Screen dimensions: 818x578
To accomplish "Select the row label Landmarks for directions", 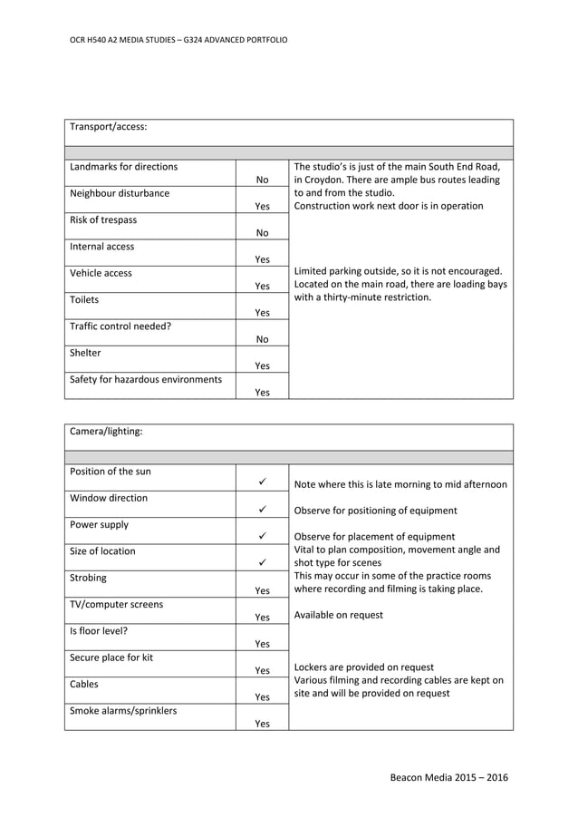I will tap(124, 167).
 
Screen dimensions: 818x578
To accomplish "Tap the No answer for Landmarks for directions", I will tap(262, 180).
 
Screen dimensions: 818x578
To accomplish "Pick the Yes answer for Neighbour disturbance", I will tap(262, 207).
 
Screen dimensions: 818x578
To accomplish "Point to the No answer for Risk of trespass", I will tap(262, 233).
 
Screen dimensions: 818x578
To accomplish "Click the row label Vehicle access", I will tap(101, 273).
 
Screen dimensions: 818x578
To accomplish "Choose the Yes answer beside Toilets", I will tap(262, 313).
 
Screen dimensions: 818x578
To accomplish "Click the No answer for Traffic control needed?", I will tap(262, 339).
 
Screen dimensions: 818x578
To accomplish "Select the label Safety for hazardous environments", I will tap(146, 379).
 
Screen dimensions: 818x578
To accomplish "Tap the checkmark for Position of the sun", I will tap(262, 483).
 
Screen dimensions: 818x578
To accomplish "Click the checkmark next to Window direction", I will tap(262, 511).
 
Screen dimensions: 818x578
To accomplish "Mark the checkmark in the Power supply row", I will tap(262, 537).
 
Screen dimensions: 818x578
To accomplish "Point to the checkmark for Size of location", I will tap(262, 563).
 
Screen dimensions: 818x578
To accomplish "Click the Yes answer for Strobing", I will tap(262, 590).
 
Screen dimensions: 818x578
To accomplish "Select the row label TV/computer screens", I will tap(117, 604).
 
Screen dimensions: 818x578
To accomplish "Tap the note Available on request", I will tap(339, 615).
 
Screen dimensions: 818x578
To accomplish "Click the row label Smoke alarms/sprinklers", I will tap(123, 711).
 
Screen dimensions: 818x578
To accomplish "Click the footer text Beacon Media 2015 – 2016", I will tap(448, 778).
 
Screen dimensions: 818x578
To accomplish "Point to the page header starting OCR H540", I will tap(178, 41).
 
